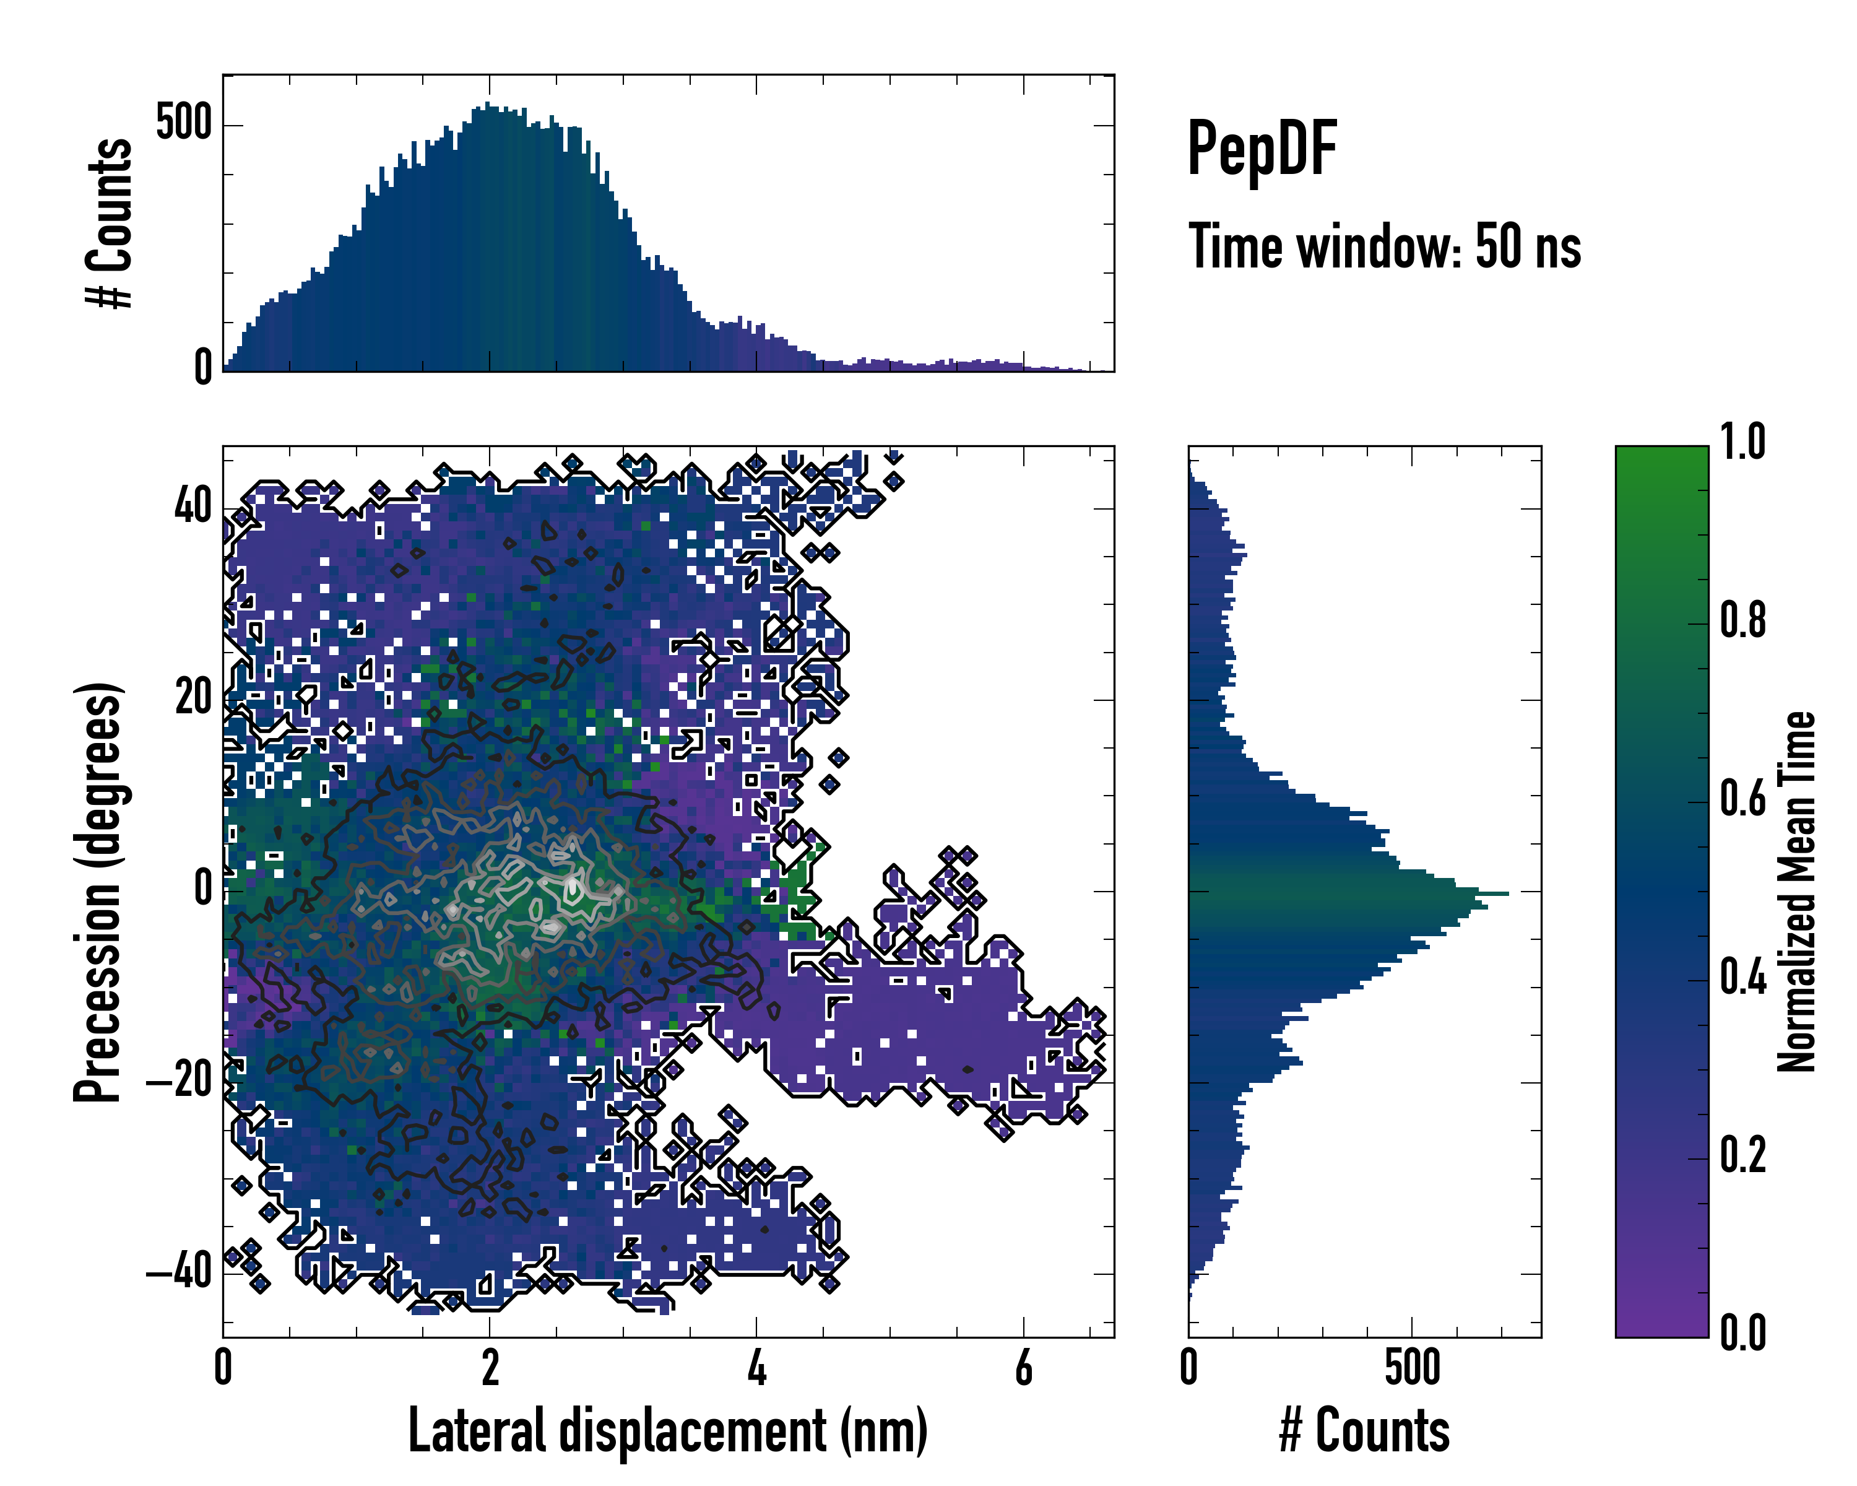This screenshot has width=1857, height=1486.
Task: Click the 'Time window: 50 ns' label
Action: pos(1384,247)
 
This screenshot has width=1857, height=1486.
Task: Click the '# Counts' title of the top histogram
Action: pos(110,223)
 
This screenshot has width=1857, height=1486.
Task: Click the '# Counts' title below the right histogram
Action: pos(1364,1431)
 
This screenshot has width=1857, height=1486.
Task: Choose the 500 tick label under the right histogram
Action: pos(1413,1367)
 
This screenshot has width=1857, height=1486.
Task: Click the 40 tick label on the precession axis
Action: pos(193,506)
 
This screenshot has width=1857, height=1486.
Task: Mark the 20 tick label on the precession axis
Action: pos(193,698)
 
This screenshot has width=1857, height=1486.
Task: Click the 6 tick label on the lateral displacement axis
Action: pos(1023,1367)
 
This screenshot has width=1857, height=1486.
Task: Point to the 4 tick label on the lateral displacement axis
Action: pos(756,1367)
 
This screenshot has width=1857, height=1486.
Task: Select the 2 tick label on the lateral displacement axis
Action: pos(489,1367)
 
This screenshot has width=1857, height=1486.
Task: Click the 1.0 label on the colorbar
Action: pos(1742,442)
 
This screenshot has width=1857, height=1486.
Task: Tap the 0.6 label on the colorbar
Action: pos(1742,799)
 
